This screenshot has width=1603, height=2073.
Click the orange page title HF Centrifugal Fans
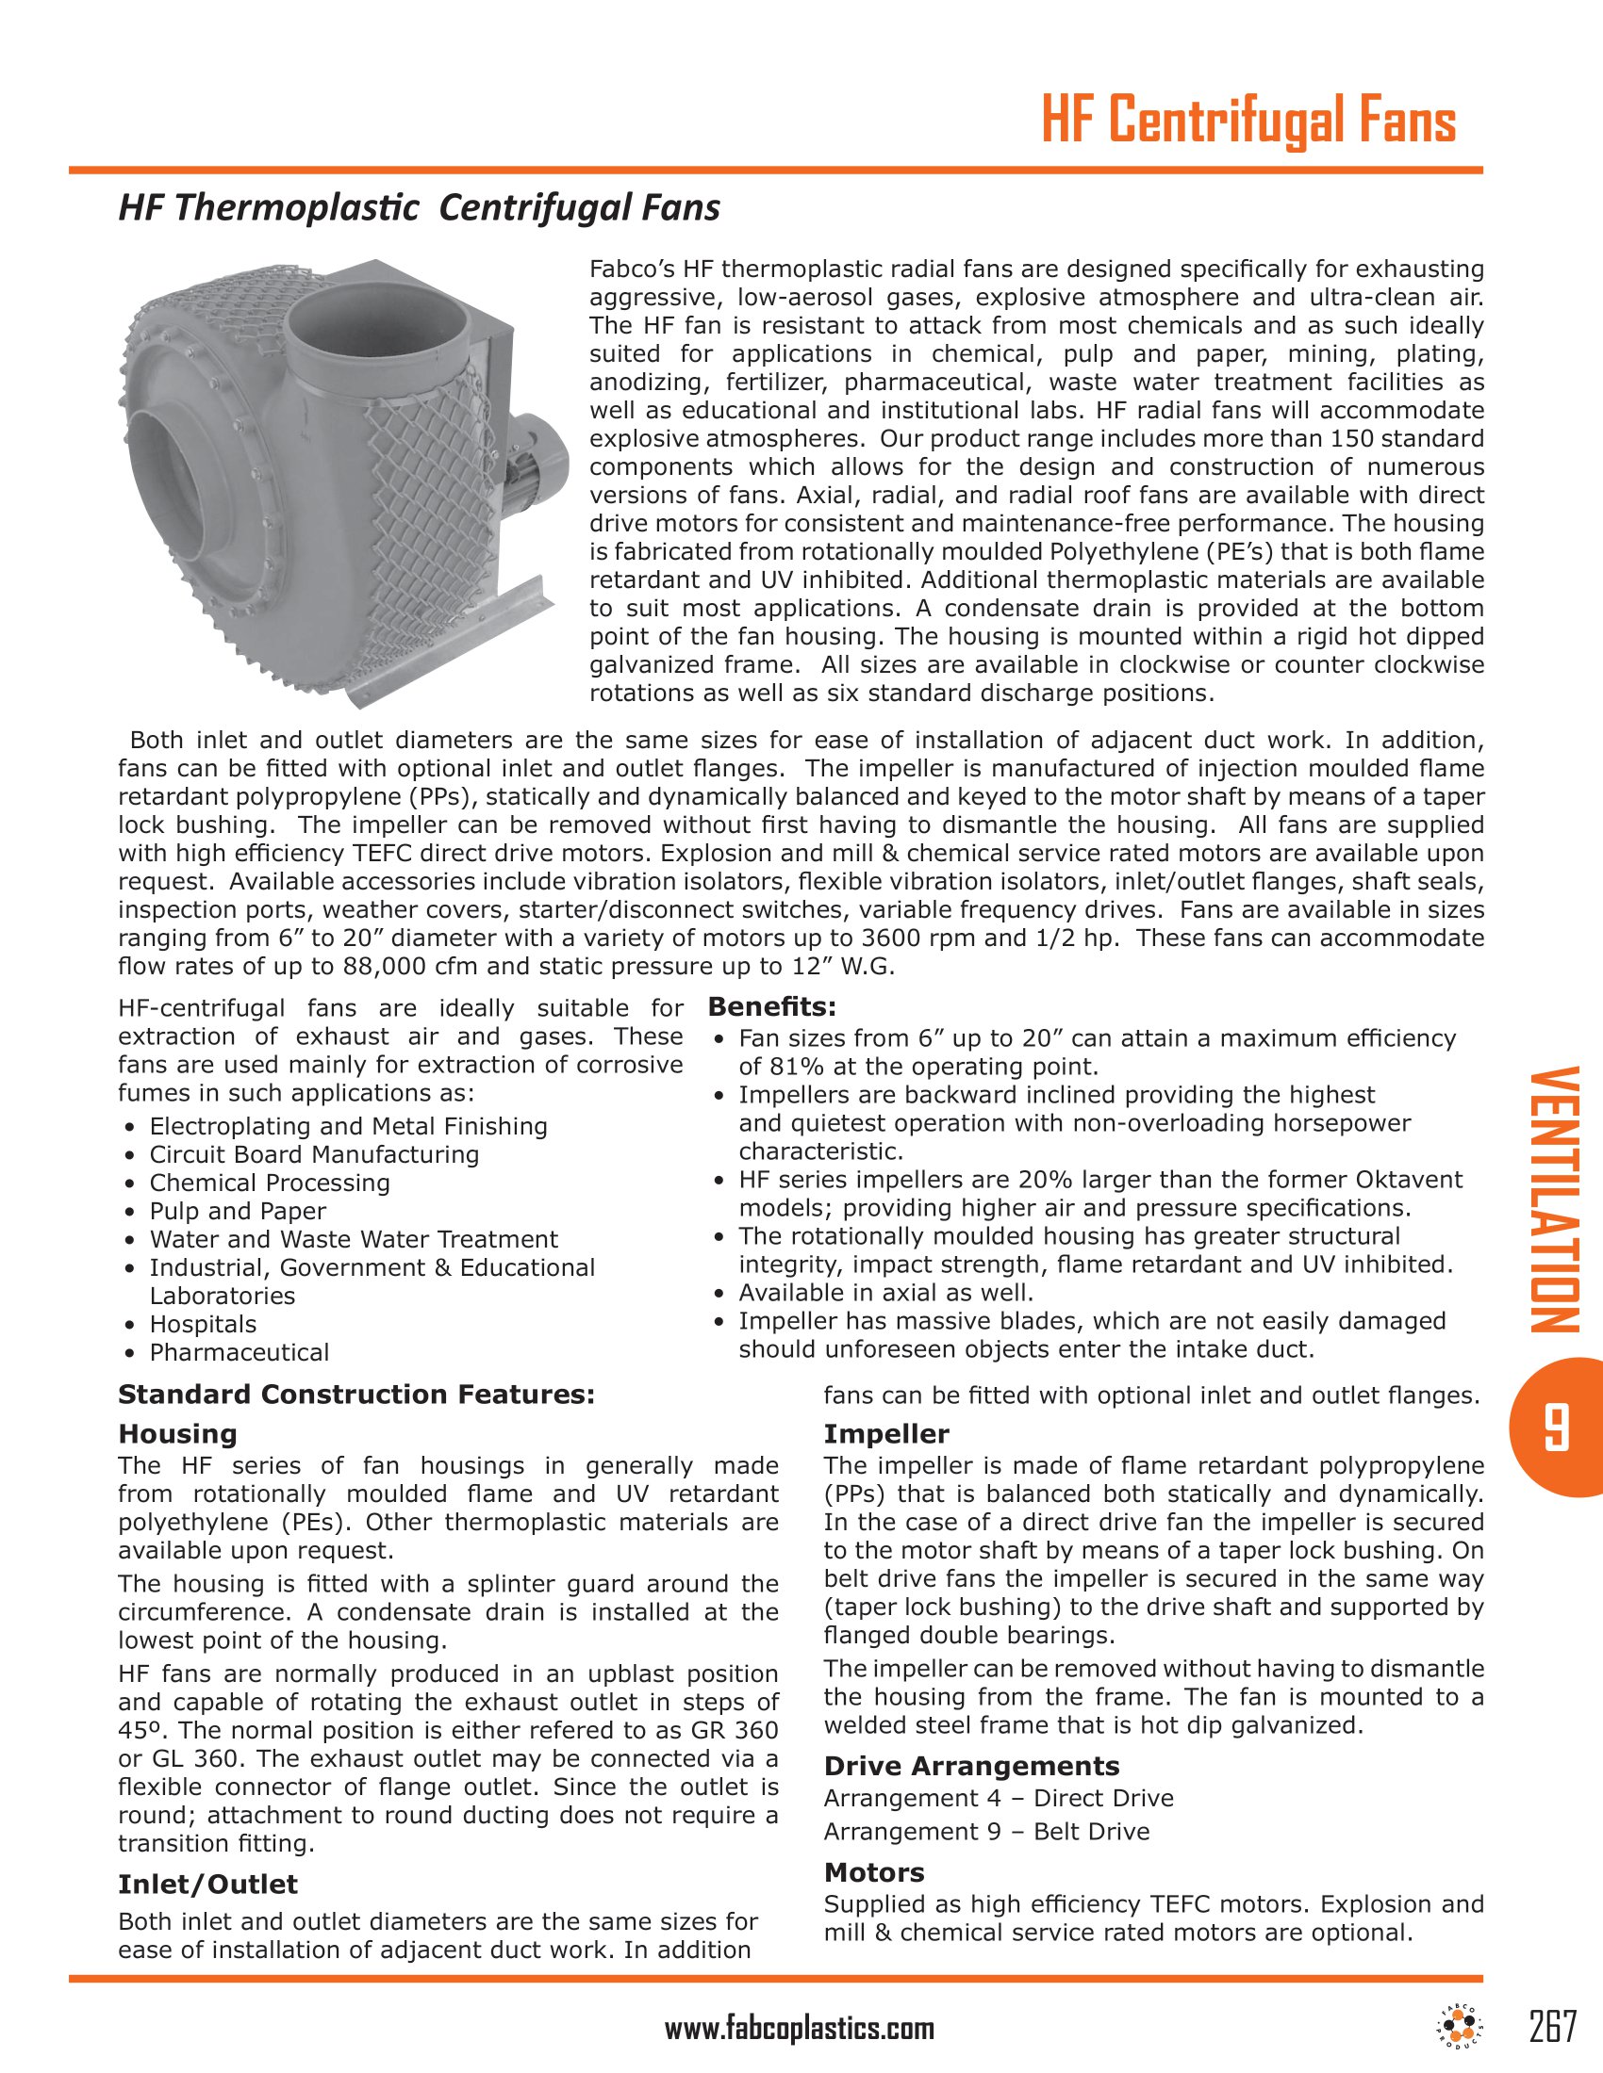[1248, 122]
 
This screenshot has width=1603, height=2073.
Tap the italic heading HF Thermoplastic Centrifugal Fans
[419, 207]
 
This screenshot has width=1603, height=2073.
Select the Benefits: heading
[772, 1006]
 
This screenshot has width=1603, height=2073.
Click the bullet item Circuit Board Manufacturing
[314, 1154]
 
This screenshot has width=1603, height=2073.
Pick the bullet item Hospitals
[204, 1323]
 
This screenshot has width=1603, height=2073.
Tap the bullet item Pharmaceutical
[240, 1351]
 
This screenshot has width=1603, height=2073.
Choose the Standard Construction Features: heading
[356, 1395]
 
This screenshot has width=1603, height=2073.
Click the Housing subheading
[177, 1433]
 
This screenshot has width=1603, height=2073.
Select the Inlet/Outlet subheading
[208, 1885]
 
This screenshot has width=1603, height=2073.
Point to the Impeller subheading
[886, 1433]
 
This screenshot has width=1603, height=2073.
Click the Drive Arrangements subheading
[971, 1766]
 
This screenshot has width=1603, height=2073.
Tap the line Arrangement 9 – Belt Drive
[986, 1831]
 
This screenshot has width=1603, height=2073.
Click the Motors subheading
[874, 1871]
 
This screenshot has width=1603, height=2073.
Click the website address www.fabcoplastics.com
[800, 2031]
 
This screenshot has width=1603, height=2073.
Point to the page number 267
[1553, 2026]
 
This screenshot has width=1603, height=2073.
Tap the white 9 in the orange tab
[1555, 1427]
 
